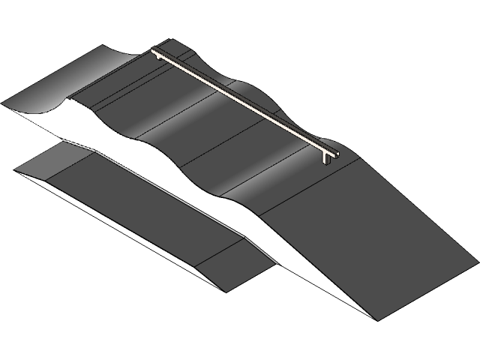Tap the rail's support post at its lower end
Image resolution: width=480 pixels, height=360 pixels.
[x=328, y=158]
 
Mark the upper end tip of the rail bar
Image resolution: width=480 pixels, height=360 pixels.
[x=153, y=50]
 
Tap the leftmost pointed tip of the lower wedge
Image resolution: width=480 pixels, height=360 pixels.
[x=16, y=171]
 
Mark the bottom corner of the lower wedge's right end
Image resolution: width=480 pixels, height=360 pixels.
[x=223, y=289]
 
